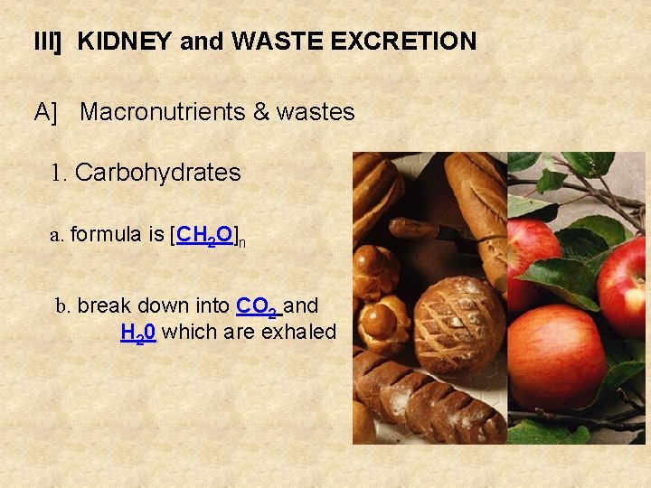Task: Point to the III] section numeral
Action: [x=46, y=42]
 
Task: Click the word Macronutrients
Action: [x=162, y=112]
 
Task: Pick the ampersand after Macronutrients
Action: [x=261, y=112]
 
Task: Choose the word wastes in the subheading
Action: [x=316, y=112]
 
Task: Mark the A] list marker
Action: [x=45, y=112]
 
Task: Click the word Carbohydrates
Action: [x=157, y=173]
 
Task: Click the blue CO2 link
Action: [x=256, y=306]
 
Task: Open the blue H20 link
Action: [x=138, y=333]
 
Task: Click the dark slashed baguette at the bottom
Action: [x=425, y=398]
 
